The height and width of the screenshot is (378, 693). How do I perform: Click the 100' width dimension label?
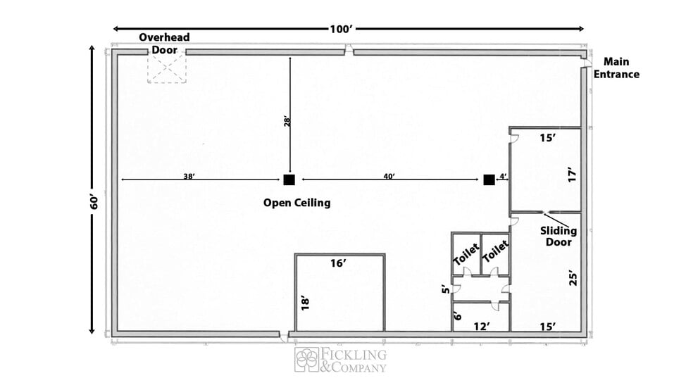tap(341, 29)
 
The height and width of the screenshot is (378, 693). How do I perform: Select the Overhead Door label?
tap(164, 43)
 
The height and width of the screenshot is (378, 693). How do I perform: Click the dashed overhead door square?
tap(167, 67)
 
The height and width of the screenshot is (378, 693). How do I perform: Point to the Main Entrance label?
tap(616, 68)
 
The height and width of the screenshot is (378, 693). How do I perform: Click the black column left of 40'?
tap(289, 179)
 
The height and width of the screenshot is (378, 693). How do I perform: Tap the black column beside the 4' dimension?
tap(489, 179)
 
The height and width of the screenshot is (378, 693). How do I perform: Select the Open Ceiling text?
tap(297, 203)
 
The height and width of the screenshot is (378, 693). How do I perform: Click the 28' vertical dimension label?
tap(287, 122)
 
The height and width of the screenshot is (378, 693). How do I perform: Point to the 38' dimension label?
tap(189, 177)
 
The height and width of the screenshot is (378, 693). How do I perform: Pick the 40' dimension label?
tap(389, 177)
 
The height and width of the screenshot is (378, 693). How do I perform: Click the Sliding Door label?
tap(558, 237)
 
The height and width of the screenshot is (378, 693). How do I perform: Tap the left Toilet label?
tap(466, 254)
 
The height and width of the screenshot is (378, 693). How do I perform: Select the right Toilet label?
tap(495, 251)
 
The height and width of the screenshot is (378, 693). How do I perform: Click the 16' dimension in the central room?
tap(338, 263)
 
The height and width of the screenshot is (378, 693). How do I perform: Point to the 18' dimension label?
tap(305, 303)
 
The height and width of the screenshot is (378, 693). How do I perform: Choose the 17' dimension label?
tap(573, 175)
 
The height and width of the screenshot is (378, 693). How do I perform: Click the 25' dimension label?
tap(573, 278)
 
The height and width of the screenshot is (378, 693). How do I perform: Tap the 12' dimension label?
tap(482, 327)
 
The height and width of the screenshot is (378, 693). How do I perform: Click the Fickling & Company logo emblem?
tap(307, 360)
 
